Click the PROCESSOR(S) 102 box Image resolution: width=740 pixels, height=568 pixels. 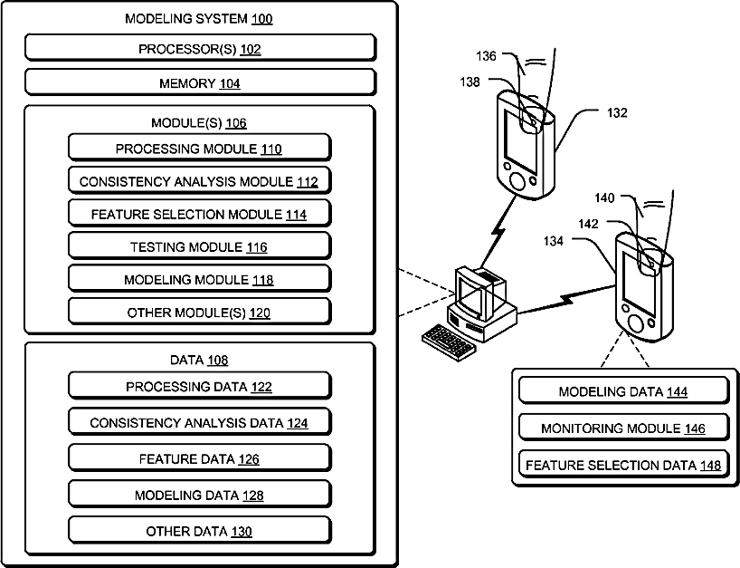(200, 48)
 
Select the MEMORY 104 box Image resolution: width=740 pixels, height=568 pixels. (200, 82)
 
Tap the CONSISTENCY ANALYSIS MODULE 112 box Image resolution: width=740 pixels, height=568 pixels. (200, 180)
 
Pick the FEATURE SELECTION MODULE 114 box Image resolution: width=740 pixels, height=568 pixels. (200, 213)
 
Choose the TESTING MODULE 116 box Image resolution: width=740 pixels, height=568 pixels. (200, 245)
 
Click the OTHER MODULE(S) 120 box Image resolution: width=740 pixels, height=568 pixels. (200, 312)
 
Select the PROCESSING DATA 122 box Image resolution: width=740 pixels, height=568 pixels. (200, 386)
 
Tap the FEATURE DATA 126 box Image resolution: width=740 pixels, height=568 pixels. (200, 457)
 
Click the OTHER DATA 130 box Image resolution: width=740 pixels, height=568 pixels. (200, 530)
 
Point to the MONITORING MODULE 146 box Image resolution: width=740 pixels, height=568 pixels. (624, 428)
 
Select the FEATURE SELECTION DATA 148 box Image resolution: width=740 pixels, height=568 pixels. (624, 465)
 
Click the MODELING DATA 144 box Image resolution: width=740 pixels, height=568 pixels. (624, 390)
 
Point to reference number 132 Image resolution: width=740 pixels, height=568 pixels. (617, 113)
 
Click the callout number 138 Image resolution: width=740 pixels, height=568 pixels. (470, 82)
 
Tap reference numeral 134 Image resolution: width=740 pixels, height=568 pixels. (553, 242)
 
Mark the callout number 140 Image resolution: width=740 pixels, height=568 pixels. (604, 198)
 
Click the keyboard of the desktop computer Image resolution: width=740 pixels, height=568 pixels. (448, 342)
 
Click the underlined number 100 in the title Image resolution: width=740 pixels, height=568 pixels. (262, 19)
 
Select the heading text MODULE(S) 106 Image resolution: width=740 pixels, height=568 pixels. (199, 123)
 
